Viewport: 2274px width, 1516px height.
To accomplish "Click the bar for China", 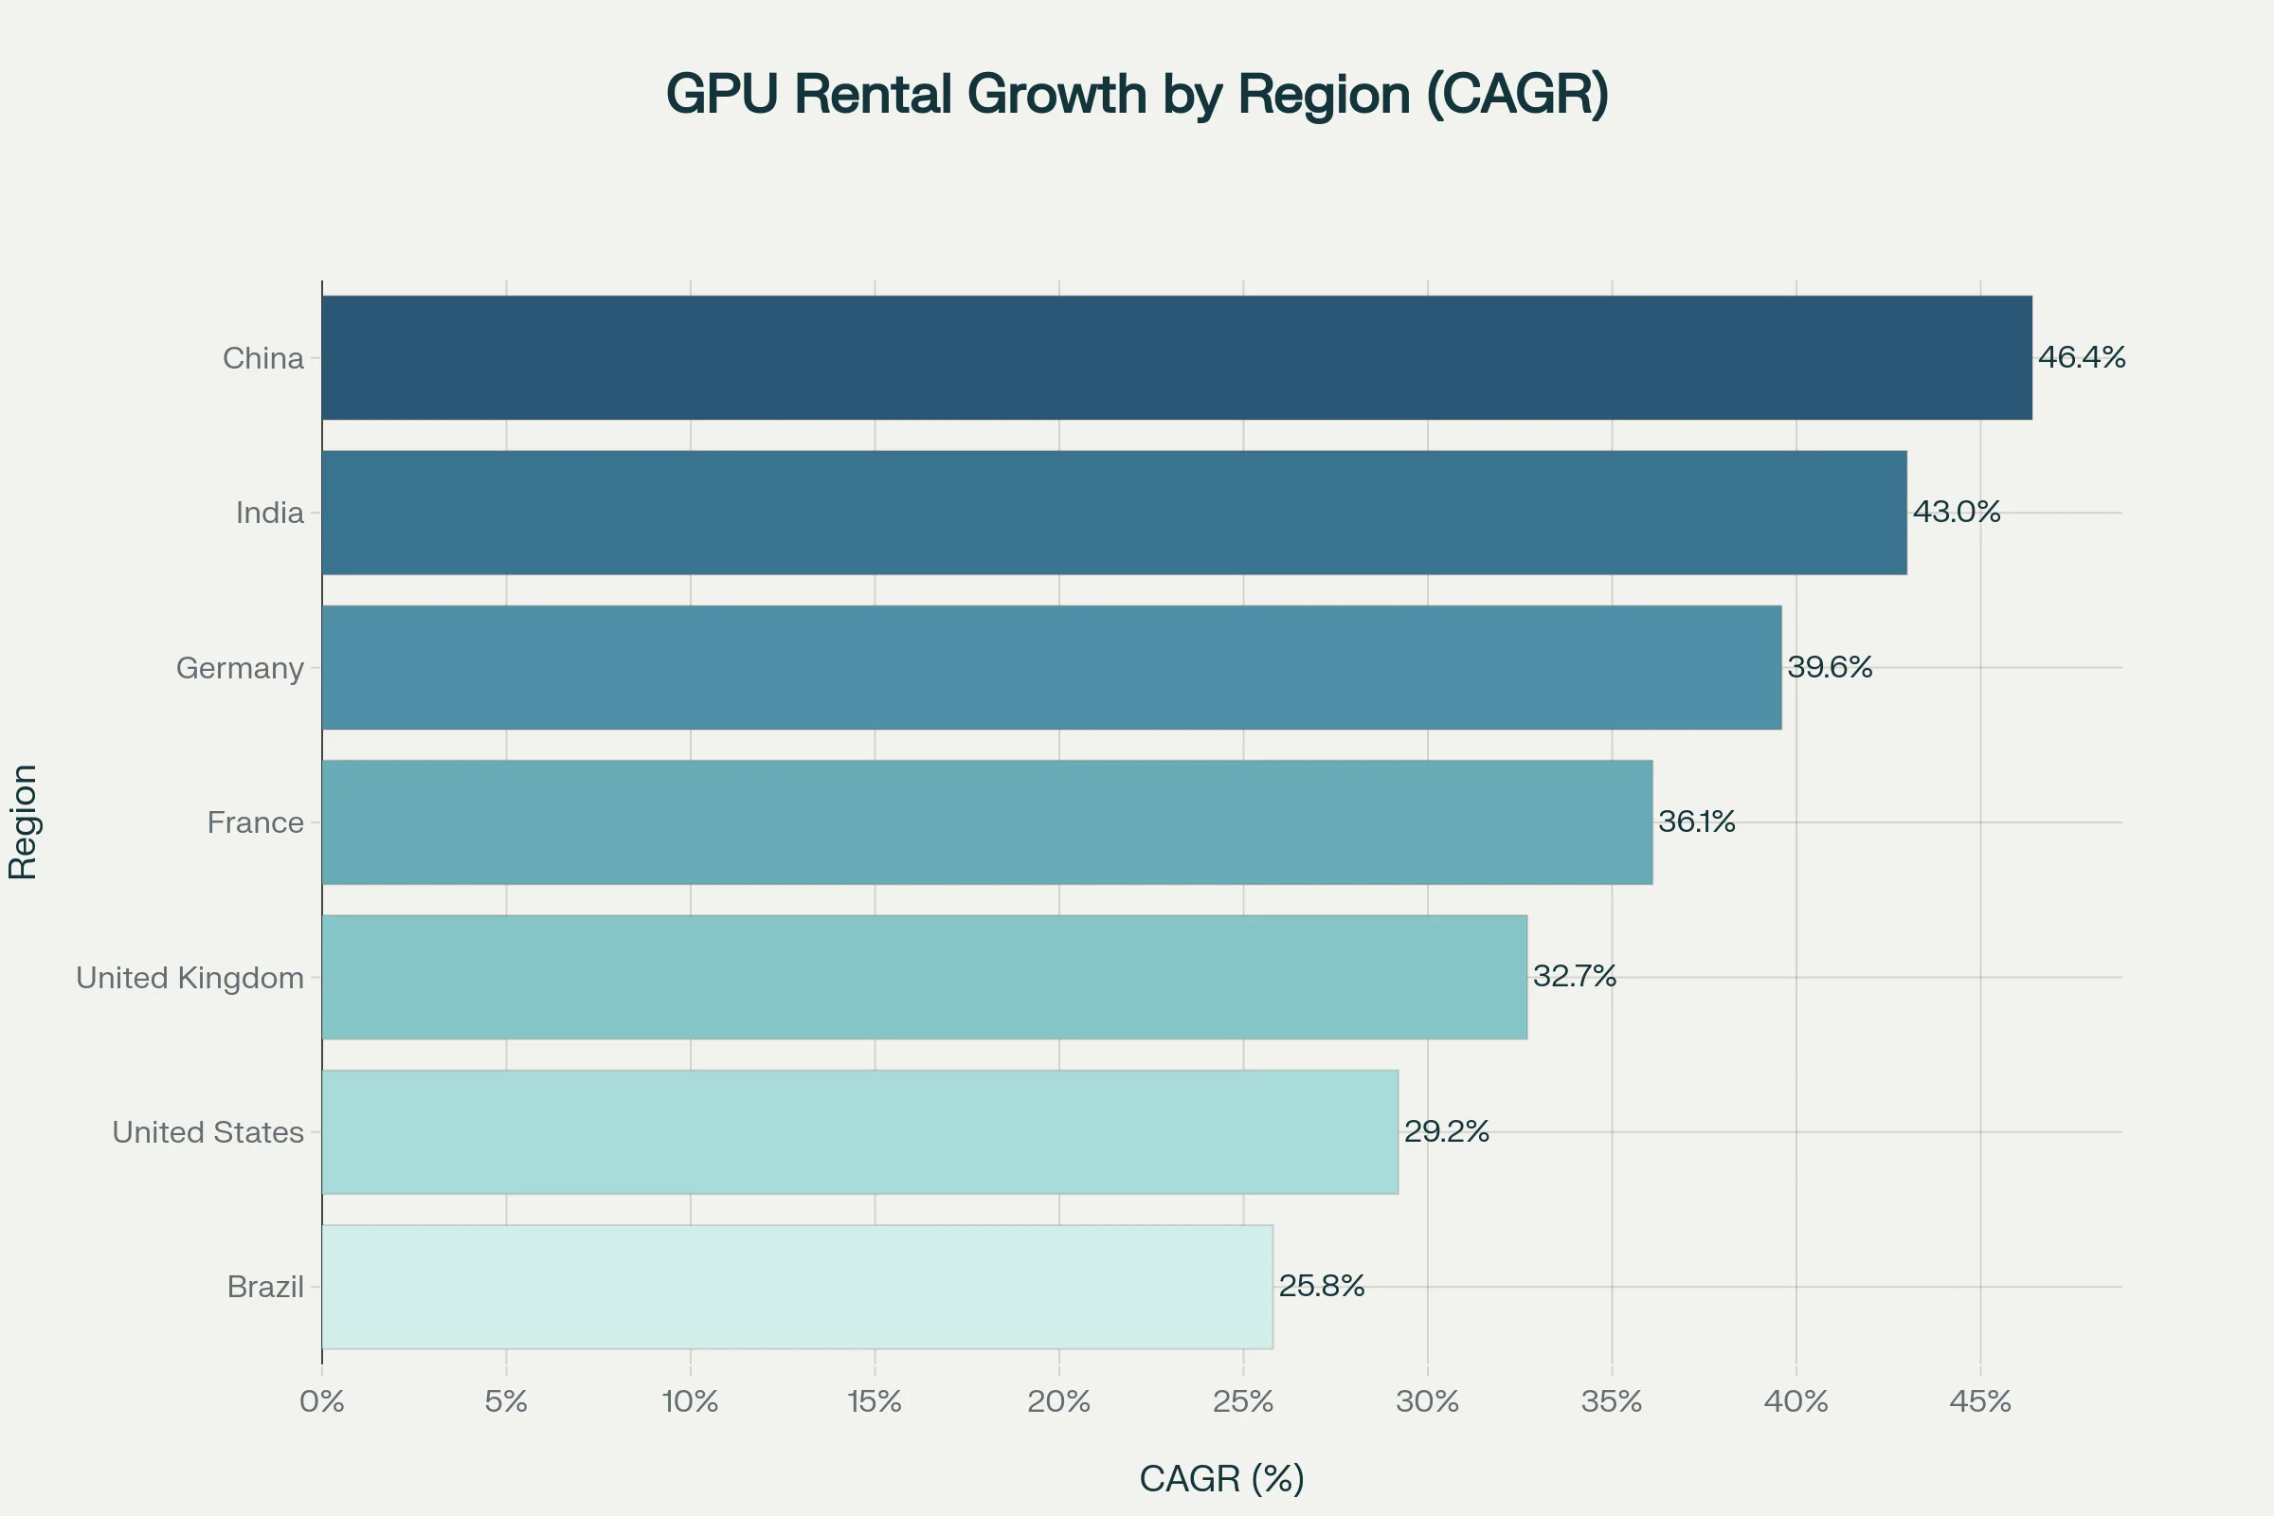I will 1177,358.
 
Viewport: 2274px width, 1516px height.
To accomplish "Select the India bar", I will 1114,513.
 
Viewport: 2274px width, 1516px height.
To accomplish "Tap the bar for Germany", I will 1051,667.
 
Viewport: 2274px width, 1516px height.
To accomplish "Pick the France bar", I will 987,821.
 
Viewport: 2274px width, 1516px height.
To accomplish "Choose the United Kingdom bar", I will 925,978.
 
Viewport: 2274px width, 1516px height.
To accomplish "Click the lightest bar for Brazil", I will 797,1287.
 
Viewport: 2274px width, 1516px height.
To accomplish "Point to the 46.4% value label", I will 2082,357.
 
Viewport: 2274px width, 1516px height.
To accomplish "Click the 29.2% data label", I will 1447,1131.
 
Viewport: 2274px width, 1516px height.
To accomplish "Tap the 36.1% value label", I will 1697,821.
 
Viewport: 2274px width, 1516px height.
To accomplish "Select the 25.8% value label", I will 1322,1286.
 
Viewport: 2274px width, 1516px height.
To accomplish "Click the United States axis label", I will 208,1132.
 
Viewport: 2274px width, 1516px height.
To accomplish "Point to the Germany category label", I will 240,668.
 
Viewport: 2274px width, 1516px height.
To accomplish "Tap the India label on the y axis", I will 270,513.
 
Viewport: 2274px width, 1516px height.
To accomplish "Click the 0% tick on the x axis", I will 322,1402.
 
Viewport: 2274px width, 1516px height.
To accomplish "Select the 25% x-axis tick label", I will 1243,1402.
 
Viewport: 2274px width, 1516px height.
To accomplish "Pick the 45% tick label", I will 1980,1402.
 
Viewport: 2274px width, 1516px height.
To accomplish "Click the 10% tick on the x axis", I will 691,1402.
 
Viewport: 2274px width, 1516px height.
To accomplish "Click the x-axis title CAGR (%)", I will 1222,1478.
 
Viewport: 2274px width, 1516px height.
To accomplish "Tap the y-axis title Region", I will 23,821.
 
